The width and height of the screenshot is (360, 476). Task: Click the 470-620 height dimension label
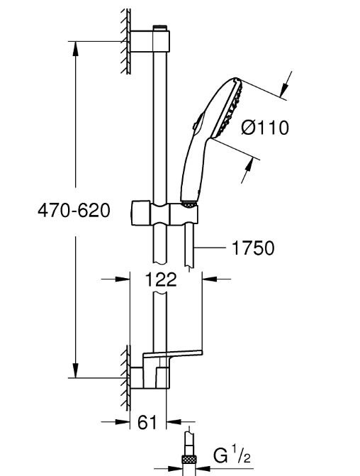(74, 210)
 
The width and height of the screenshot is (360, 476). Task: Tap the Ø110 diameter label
(265, 128)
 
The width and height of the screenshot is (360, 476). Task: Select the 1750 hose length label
(253, 248)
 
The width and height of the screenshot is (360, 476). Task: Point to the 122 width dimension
(161, 279)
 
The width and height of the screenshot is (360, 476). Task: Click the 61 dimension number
(147, 422)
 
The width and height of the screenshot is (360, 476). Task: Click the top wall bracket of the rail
(150, 41)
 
